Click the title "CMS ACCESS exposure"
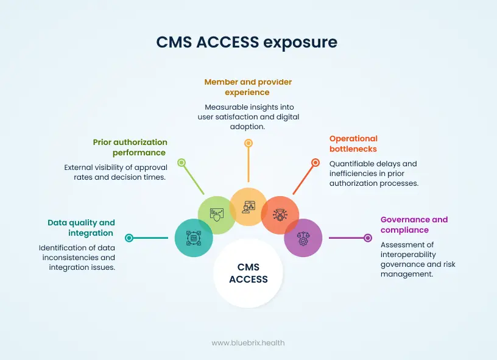point(247,42)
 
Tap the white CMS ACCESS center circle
point(248,273)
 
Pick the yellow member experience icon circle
point(248,207)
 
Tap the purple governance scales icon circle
point(303,238)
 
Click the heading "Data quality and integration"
point(82,228)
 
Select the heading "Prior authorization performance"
point(129,147)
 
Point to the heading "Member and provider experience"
point(248,87)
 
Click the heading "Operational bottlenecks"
point(353,144)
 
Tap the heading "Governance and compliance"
point(414,225)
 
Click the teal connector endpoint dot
point(129,238)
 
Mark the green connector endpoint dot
point(181,163)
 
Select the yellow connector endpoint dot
point(248,143)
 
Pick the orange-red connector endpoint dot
point(315,163)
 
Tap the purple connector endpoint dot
point(367,238)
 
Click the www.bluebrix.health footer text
point(248,343)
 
